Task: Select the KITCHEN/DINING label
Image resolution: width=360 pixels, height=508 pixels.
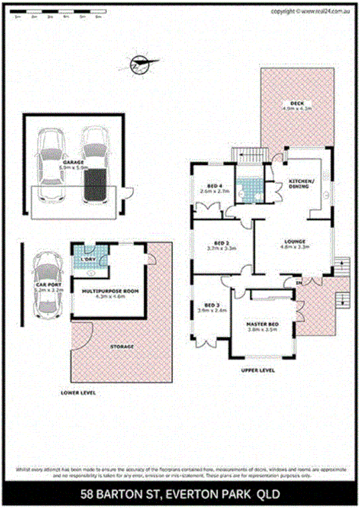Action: [298, 183]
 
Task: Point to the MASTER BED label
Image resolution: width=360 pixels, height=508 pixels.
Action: [260, 326]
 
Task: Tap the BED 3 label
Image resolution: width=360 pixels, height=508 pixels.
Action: [212, 303]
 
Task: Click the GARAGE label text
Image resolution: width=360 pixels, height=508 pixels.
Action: [73, 161]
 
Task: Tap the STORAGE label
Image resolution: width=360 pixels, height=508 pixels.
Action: [122, 345]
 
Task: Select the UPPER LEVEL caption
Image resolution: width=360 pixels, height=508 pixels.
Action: [258, 371]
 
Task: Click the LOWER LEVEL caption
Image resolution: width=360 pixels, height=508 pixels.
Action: [78, 393]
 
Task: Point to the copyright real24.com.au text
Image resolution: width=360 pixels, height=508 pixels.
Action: [310, 11]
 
